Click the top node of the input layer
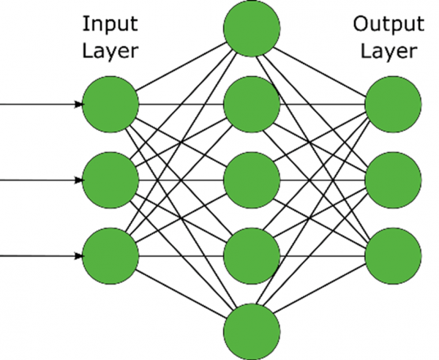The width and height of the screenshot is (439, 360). click(x=110, y=104)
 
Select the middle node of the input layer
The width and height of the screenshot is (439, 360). click(x=110, y=180)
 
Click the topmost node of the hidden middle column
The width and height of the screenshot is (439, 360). click(x=252, y=29)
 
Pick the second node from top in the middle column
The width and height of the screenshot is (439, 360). click(x=252, y=104)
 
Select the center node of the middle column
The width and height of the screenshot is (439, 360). click(x=252, y=180)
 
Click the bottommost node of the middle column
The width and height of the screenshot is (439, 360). click(x=252, y=331)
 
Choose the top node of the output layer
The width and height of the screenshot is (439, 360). click(x=394, y=104)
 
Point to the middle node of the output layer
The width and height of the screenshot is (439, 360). click(x=394, y=180)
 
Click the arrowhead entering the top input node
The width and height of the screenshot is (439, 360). click(x=78, y=104)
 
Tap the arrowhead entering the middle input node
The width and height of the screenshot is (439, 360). click(x=78, y=180)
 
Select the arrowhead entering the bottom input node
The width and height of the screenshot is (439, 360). click(x=78, y=256)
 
